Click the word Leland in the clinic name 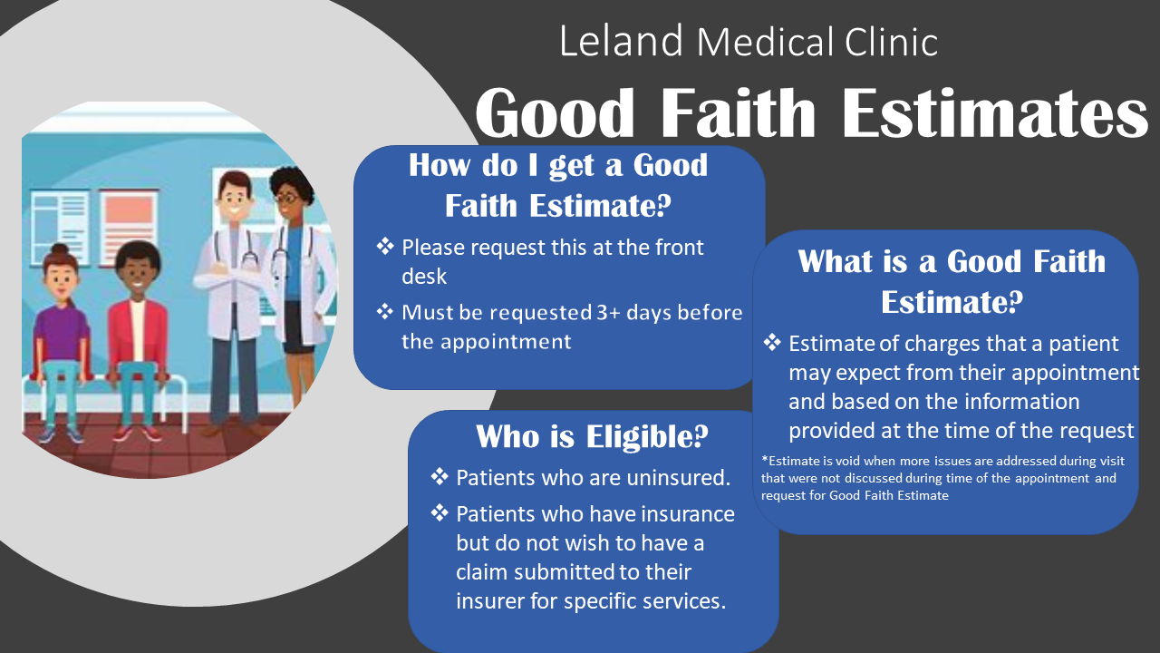click(621, 42)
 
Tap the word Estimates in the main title click(995, 112)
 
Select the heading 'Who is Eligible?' click(592, 436)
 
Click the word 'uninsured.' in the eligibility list click(679, 477)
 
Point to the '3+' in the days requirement click(608, 313)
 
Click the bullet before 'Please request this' click(385, 246)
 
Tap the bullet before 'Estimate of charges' click(771, 342)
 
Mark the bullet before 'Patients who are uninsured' click(440, 476)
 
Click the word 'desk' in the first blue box click(424, 277)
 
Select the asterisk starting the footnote click(765, 459)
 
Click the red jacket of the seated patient click(137, 332)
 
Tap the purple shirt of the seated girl click(61, 333)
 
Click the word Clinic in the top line click(891, 42)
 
